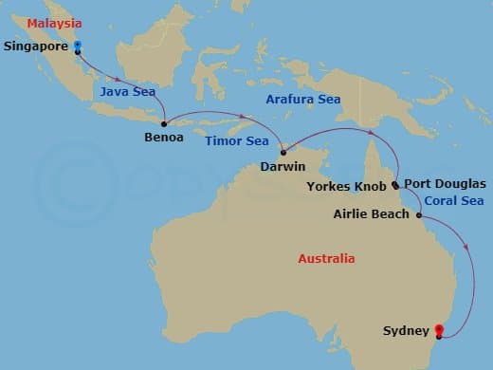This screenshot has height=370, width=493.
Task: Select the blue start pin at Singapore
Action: pos(77,45)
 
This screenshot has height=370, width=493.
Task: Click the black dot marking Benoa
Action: pos(165,122)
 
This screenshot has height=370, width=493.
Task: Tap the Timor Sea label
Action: pos(230,139)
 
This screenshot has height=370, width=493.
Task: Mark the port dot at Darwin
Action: pos(283,152)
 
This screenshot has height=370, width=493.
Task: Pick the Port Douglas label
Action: pos(445,183)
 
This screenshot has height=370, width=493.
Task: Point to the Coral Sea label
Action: pos(454,200)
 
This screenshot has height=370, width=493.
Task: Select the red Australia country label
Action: pos(326,258)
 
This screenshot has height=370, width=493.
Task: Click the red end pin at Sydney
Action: pos(439,329)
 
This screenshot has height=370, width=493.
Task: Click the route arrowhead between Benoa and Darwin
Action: pos(243,119)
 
